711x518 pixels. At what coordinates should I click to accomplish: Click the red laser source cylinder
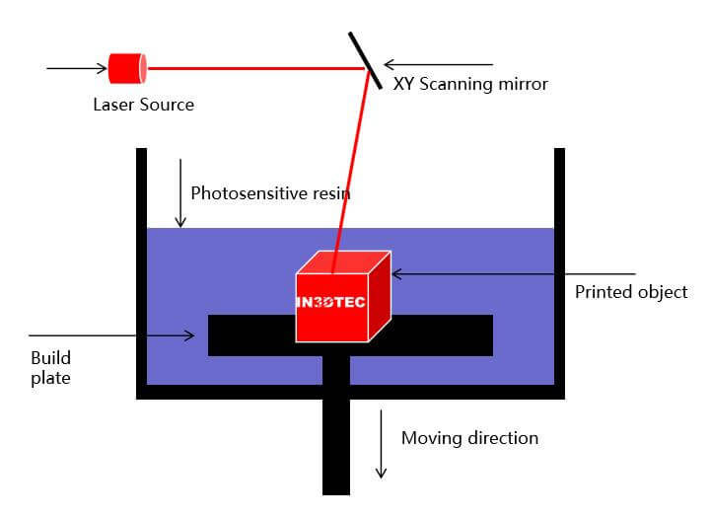[127, 68]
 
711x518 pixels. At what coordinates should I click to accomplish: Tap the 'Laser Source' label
[143, 104]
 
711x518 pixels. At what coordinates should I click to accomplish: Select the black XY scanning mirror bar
[365, 58]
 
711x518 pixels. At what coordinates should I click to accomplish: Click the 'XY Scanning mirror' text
[470, 84]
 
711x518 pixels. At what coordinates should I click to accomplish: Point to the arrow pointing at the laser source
[76, 69]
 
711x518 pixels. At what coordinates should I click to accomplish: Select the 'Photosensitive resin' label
[270, 192]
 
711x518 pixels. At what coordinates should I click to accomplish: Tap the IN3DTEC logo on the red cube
[330, 301]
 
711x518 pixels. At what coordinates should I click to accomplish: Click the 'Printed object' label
[631, 292]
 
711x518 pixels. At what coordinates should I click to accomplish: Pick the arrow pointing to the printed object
[513, 273]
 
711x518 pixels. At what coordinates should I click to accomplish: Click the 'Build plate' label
[50, 367]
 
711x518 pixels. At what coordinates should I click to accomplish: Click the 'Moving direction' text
[469, 437]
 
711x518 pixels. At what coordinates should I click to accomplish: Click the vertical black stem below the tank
[336, 444]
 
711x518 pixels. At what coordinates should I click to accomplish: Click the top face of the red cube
[345, 261]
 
